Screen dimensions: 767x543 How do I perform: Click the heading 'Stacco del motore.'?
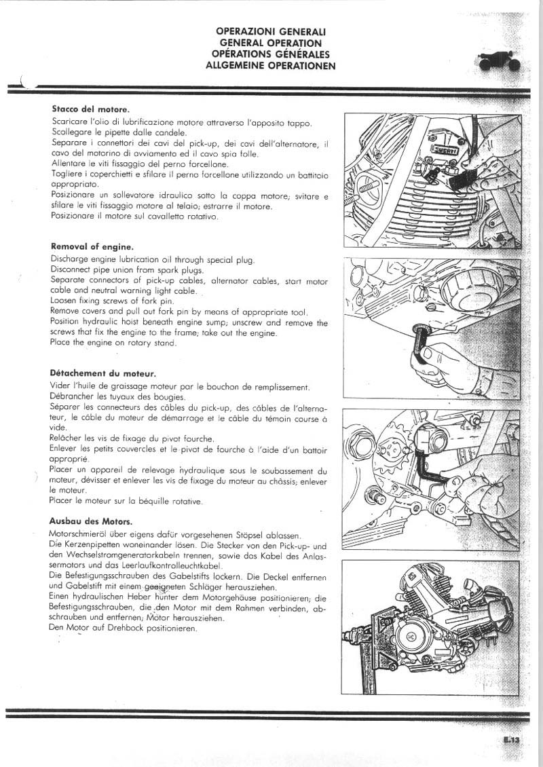[x=90, y=109]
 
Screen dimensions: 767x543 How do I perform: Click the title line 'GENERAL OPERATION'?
[x=271, y=42]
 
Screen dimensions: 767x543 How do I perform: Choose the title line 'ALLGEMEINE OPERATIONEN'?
[x=271, y=66]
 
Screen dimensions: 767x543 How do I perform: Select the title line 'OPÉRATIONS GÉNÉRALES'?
[x=271, y=54]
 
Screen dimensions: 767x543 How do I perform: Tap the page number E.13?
[x=511, y=741]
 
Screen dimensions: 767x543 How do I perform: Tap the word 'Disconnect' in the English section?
[x=73, y=270]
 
